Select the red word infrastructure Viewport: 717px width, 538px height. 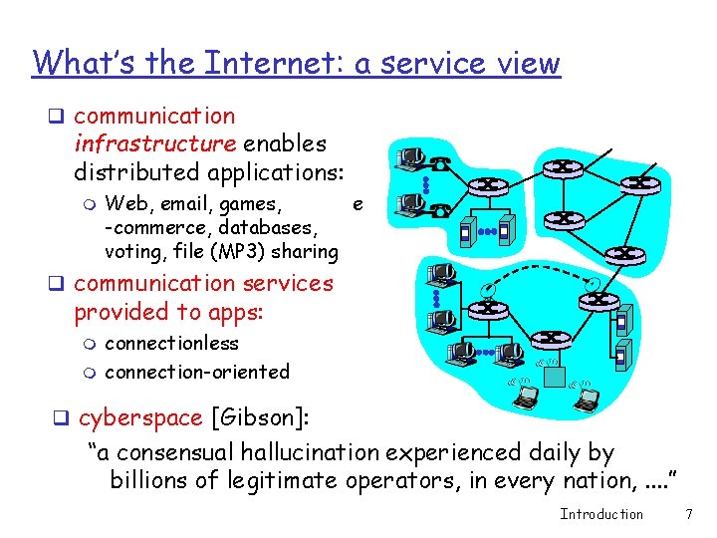(154, 143)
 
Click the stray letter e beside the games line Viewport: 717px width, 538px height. (358, 205)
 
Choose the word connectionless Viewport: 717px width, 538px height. (171, 344)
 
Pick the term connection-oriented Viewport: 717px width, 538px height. (196, 372)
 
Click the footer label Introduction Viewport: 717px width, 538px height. (601, 514)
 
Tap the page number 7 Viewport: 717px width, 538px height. (688, 514)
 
